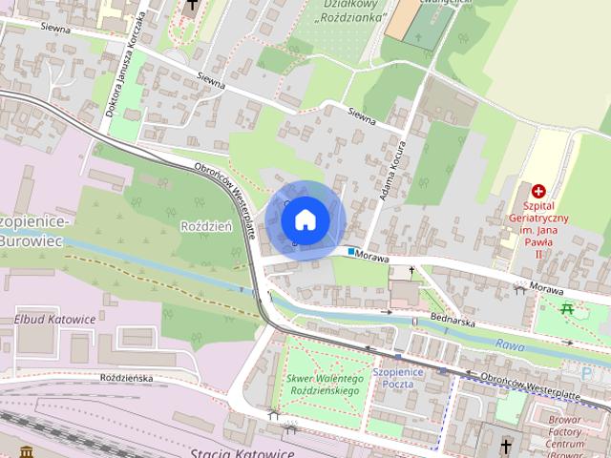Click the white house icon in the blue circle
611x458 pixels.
tap(305, 219)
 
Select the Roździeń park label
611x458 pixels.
tap(205, 226)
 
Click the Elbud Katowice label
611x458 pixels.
tap(54, 319)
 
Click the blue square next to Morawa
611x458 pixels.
tap(352, 253)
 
